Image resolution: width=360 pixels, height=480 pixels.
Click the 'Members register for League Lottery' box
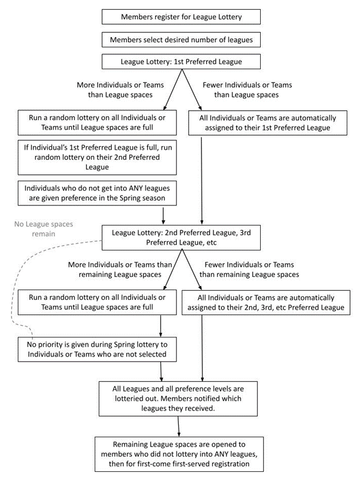coord(181,17)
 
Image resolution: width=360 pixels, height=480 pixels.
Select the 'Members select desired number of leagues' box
coord(181,40)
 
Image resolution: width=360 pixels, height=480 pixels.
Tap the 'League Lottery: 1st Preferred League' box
coord(181,62)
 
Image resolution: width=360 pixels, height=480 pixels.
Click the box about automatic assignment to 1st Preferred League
coord(268,123)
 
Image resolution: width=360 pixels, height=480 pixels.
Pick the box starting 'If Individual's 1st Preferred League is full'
coord(97,157)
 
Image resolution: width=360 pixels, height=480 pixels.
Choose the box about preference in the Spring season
coord(97,193)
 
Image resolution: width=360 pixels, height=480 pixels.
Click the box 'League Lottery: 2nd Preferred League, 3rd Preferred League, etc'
coord(181,238)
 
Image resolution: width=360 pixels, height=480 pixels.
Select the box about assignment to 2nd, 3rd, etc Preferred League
coord(266,302)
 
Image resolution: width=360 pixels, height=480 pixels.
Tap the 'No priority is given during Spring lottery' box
coord(97,349)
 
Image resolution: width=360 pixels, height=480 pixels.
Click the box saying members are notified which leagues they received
coord(178,399)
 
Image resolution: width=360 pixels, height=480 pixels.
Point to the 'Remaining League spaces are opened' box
coord(179,454)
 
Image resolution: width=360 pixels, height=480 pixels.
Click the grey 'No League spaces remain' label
coord(44,229)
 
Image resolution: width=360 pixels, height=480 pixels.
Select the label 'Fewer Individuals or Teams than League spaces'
coord(247,89)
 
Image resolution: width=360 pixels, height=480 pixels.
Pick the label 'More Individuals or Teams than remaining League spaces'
coord(120,269)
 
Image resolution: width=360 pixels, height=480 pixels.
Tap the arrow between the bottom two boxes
coord(178,426)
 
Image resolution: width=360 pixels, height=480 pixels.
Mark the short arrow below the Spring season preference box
coord(163,216)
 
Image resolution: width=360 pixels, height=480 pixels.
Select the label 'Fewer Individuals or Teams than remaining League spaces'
coord(249,269)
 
